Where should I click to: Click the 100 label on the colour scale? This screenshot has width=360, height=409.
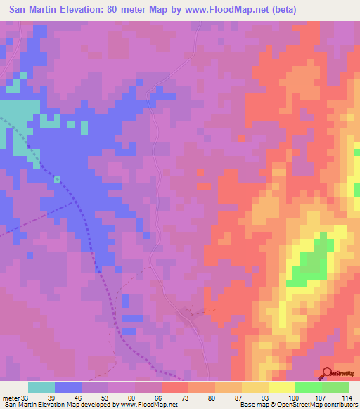(x=291, y=398)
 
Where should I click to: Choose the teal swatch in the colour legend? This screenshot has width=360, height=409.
(x=41, y=387)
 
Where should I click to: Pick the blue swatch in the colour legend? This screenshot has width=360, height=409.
(x=68, y=387)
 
